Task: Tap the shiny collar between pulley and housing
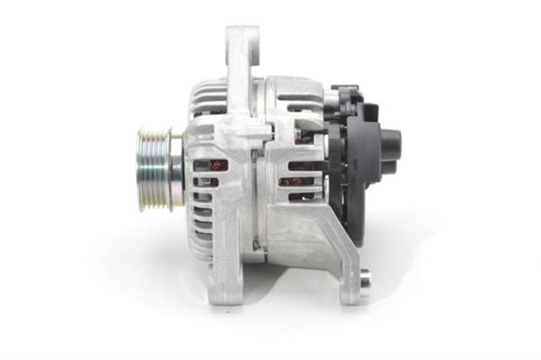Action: (x=176, y=168)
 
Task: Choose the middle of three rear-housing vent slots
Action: (x=299, y=180)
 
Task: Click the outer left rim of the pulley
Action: (x=140, y=168)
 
